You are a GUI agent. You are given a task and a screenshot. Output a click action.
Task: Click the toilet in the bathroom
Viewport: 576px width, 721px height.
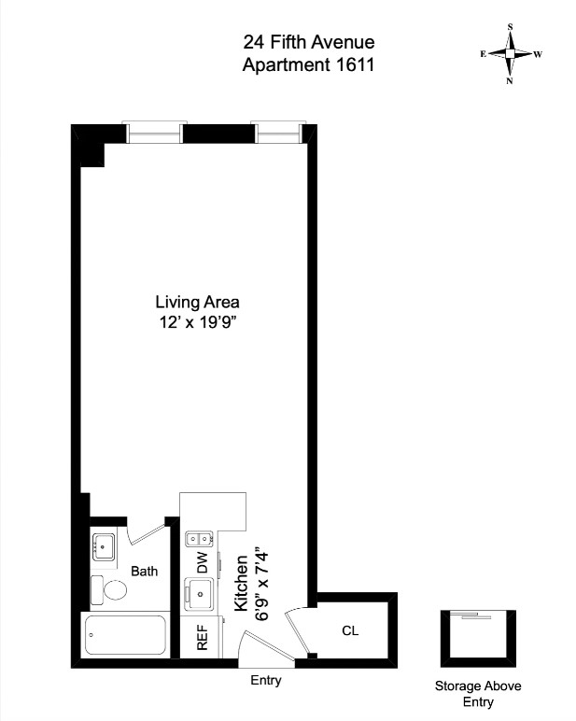(109, 590)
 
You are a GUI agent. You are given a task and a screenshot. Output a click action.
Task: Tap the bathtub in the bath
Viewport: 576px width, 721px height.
(125, 635)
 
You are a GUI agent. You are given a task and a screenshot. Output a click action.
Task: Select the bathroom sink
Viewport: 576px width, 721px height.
(104, 546)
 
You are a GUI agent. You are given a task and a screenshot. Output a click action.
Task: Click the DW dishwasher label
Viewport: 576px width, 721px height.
(203, 562)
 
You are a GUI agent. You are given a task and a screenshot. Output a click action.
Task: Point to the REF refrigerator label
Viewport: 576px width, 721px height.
(203, 637)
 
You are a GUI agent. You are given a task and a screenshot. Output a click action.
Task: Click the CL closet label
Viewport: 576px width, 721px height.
(350, 630)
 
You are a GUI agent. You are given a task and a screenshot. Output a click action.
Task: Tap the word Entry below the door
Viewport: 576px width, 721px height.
(266, 680)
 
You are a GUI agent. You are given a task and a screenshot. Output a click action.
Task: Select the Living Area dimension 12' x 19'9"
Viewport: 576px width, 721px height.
(197, 322)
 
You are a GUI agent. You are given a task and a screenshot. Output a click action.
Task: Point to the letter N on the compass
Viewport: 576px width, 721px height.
(510, 81)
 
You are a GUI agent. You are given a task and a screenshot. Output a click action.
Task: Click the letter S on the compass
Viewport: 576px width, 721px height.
(510, 27)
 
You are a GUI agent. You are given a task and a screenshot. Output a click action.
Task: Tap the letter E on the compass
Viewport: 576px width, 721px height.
(484, 54)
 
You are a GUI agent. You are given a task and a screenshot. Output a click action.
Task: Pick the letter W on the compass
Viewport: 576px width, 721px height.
(539, 54)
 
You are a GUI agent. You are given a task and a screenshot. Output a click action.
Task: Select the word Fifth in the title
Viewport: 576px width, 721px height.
(288, 42)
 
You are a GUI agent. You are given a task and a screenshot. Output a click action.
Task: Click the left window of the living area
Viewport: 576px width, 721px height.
(154, 133)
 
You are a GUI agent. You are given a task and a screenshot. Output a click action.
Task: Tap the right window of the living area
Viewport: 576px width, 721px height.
(277, 133)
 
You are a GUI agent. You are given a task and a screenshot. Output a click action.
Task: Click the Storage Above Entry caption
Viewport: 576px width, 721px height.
(478, 694)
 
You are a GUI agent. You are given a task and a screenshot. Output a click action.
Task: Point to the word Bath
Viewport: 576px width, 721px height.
(145, 571)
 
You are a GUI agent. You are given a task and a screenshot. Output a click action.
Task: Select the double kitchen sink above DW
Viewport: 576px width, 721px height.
(199, 538)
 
